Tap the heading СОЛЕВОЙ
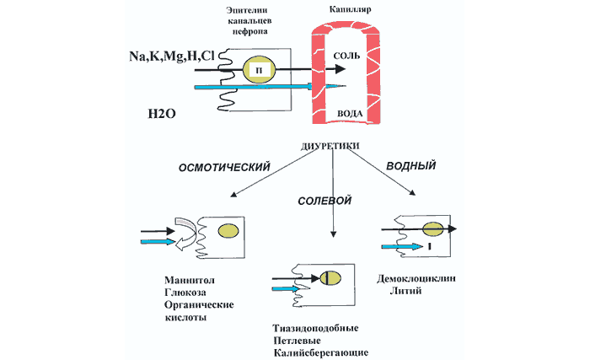coord(324,201)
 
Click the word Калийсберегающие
coord(320,352)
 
